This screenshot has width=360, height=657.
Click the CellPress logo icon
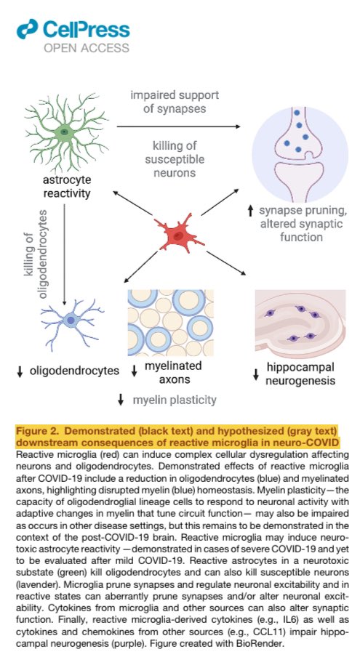(x=28, y=29)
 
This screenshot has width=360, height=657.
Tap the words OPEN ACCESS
(x=87, y=48)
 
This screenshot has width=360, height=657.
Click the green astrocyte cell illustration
(x=65, y=132)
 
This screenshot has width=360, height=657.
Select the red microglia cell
(x=179, y=234)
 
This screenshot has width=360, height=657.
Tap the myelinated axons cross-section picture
(x=171, y=323)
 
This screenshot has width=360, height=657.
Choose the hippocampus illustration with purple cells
(x=300, y=323)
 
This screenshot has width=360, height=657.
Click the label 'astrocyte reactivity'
(x=67, y=187)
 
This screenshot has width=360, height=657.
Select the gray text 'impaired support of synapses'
(x=175, y=102)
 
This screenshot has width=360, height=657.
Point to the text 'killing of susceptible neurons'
(x=175, y=159)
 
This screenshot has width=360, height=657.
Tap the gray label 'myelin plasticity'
(x=175, y=400)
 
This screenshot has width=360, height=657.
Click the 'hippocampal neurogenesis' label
(x=300, y=374)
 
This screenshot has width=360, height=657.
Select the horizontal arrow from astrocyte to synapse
(x=178, y=126)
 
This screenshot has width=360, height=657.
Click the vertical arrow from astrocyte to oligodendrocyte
(x=64, y=254)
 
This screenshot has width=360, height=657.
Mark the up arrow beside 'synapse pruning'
(x=251, y=211)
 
